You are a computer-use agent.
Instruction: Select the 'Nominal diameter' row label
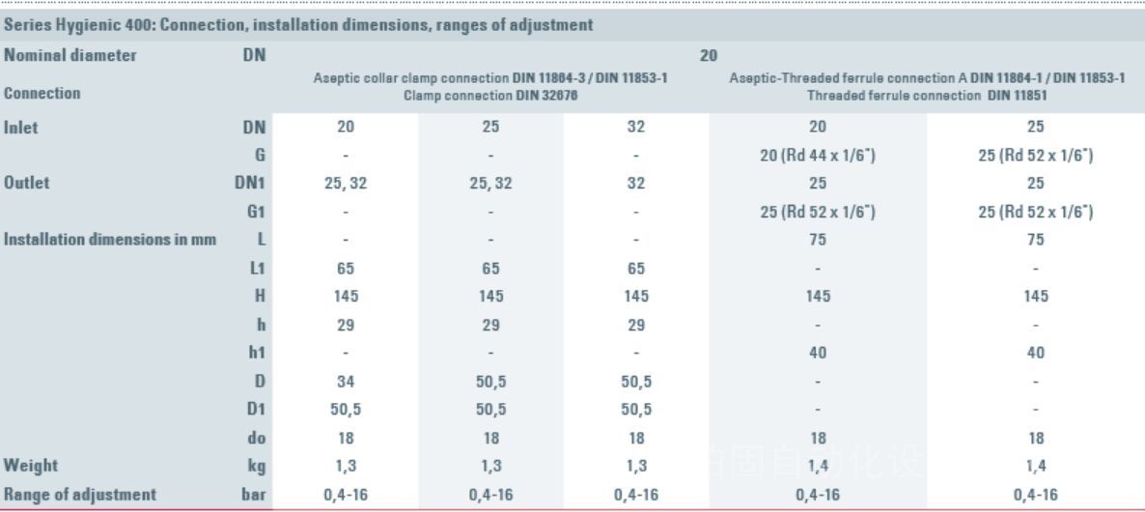[x=70, y=55]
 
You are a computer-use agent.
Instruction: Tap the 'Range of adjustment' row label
[x=80, y=494]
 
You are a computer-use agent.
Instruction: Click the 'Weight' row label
[x=31, y=466]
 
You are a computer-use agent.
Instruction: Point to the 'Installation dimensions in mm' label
[x=110, y=239]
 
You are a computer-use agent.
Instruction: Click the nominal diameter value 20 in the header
[x=708, y=56]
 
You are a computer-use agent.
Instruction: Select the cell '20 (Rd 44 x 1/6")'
[x=817, y=155]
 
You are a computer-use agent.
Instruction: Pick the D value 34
[x=346, y=383]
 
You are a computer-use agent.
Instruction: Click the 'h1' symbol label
[x=256, y=353]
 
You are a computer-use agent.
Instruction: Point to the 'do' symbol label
[x=256, y=438]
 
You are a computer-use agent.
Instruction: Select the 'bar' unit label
[x=253, y=494]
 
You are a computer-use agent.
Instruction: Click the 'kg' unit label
[x=256, y=466]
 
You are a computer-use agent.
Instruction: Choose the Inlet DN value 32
[x=635, y=127]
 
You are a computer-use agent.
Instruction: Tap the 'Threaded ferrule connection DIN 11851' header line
[x=926, y=96]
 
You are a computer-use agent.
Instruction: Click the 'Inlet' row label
[x=22, y=127]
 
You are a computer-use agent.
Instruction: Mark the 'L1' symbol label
[x=257, y=268]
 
